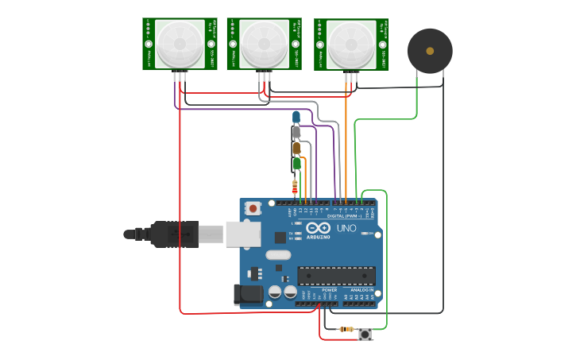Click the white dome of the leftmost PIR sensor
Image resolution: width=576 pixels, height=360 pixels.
pyautogui.click(x=180, y=44)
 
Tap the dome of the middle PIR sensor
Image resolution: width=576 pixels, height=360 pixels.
pyautogui.click(x=265, y=44)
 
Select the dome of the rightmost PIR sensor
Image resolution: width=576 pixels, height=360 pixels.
pyautogui.click(x=351, y=44)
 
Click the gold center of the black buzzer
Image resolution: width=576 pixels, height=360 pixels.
pyautogui.click(x=430, y=51)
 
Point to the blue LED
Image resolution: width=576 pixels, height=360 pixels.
pyautogui.click(x=296, y=117)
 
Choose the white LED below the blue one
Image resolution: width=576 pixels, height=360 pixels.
pyautogui.click(x=296, y=132)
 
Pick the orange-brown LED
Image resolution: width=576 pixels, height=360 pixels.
pyautogui.click(x=296, y=148)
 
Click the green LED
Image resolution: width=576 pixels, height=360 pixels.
pyautogui.click(x=296, y=164)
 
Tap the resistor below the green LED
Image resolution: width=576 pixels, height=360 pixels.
pyautogui.click(x=296, y=187)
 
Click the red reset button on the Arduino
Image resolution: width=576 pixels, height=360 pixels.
pyautogui.click(x=253, y=208)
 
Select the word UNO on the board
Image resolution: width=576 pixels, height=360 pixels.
pyautogui.click(x=347, y=228)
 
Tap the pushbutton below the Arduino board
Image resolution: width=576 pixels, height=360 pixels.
pyautogui.click(x=365, y=334)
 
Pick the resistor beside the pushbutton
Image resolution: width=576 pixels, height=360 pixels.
pyautogui.click(x=346, y=328)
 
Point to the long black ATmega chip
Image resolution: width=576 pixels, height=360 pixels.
pyautogui.click(x=336, y=275)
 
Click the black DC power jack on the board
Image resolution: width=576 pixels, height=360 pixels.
pyautogui.click(x=247, y=295)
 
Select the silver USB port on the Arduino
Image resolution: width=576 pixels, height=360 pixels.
pyautogui.click(x=243, y=234)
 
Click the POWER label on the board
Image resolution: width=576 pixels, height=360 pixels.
pyautogui.click(x=330, y=290)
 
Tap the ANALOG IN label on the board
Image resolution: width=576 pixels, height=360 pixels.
pyautogui.click(x=362, y=290)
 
